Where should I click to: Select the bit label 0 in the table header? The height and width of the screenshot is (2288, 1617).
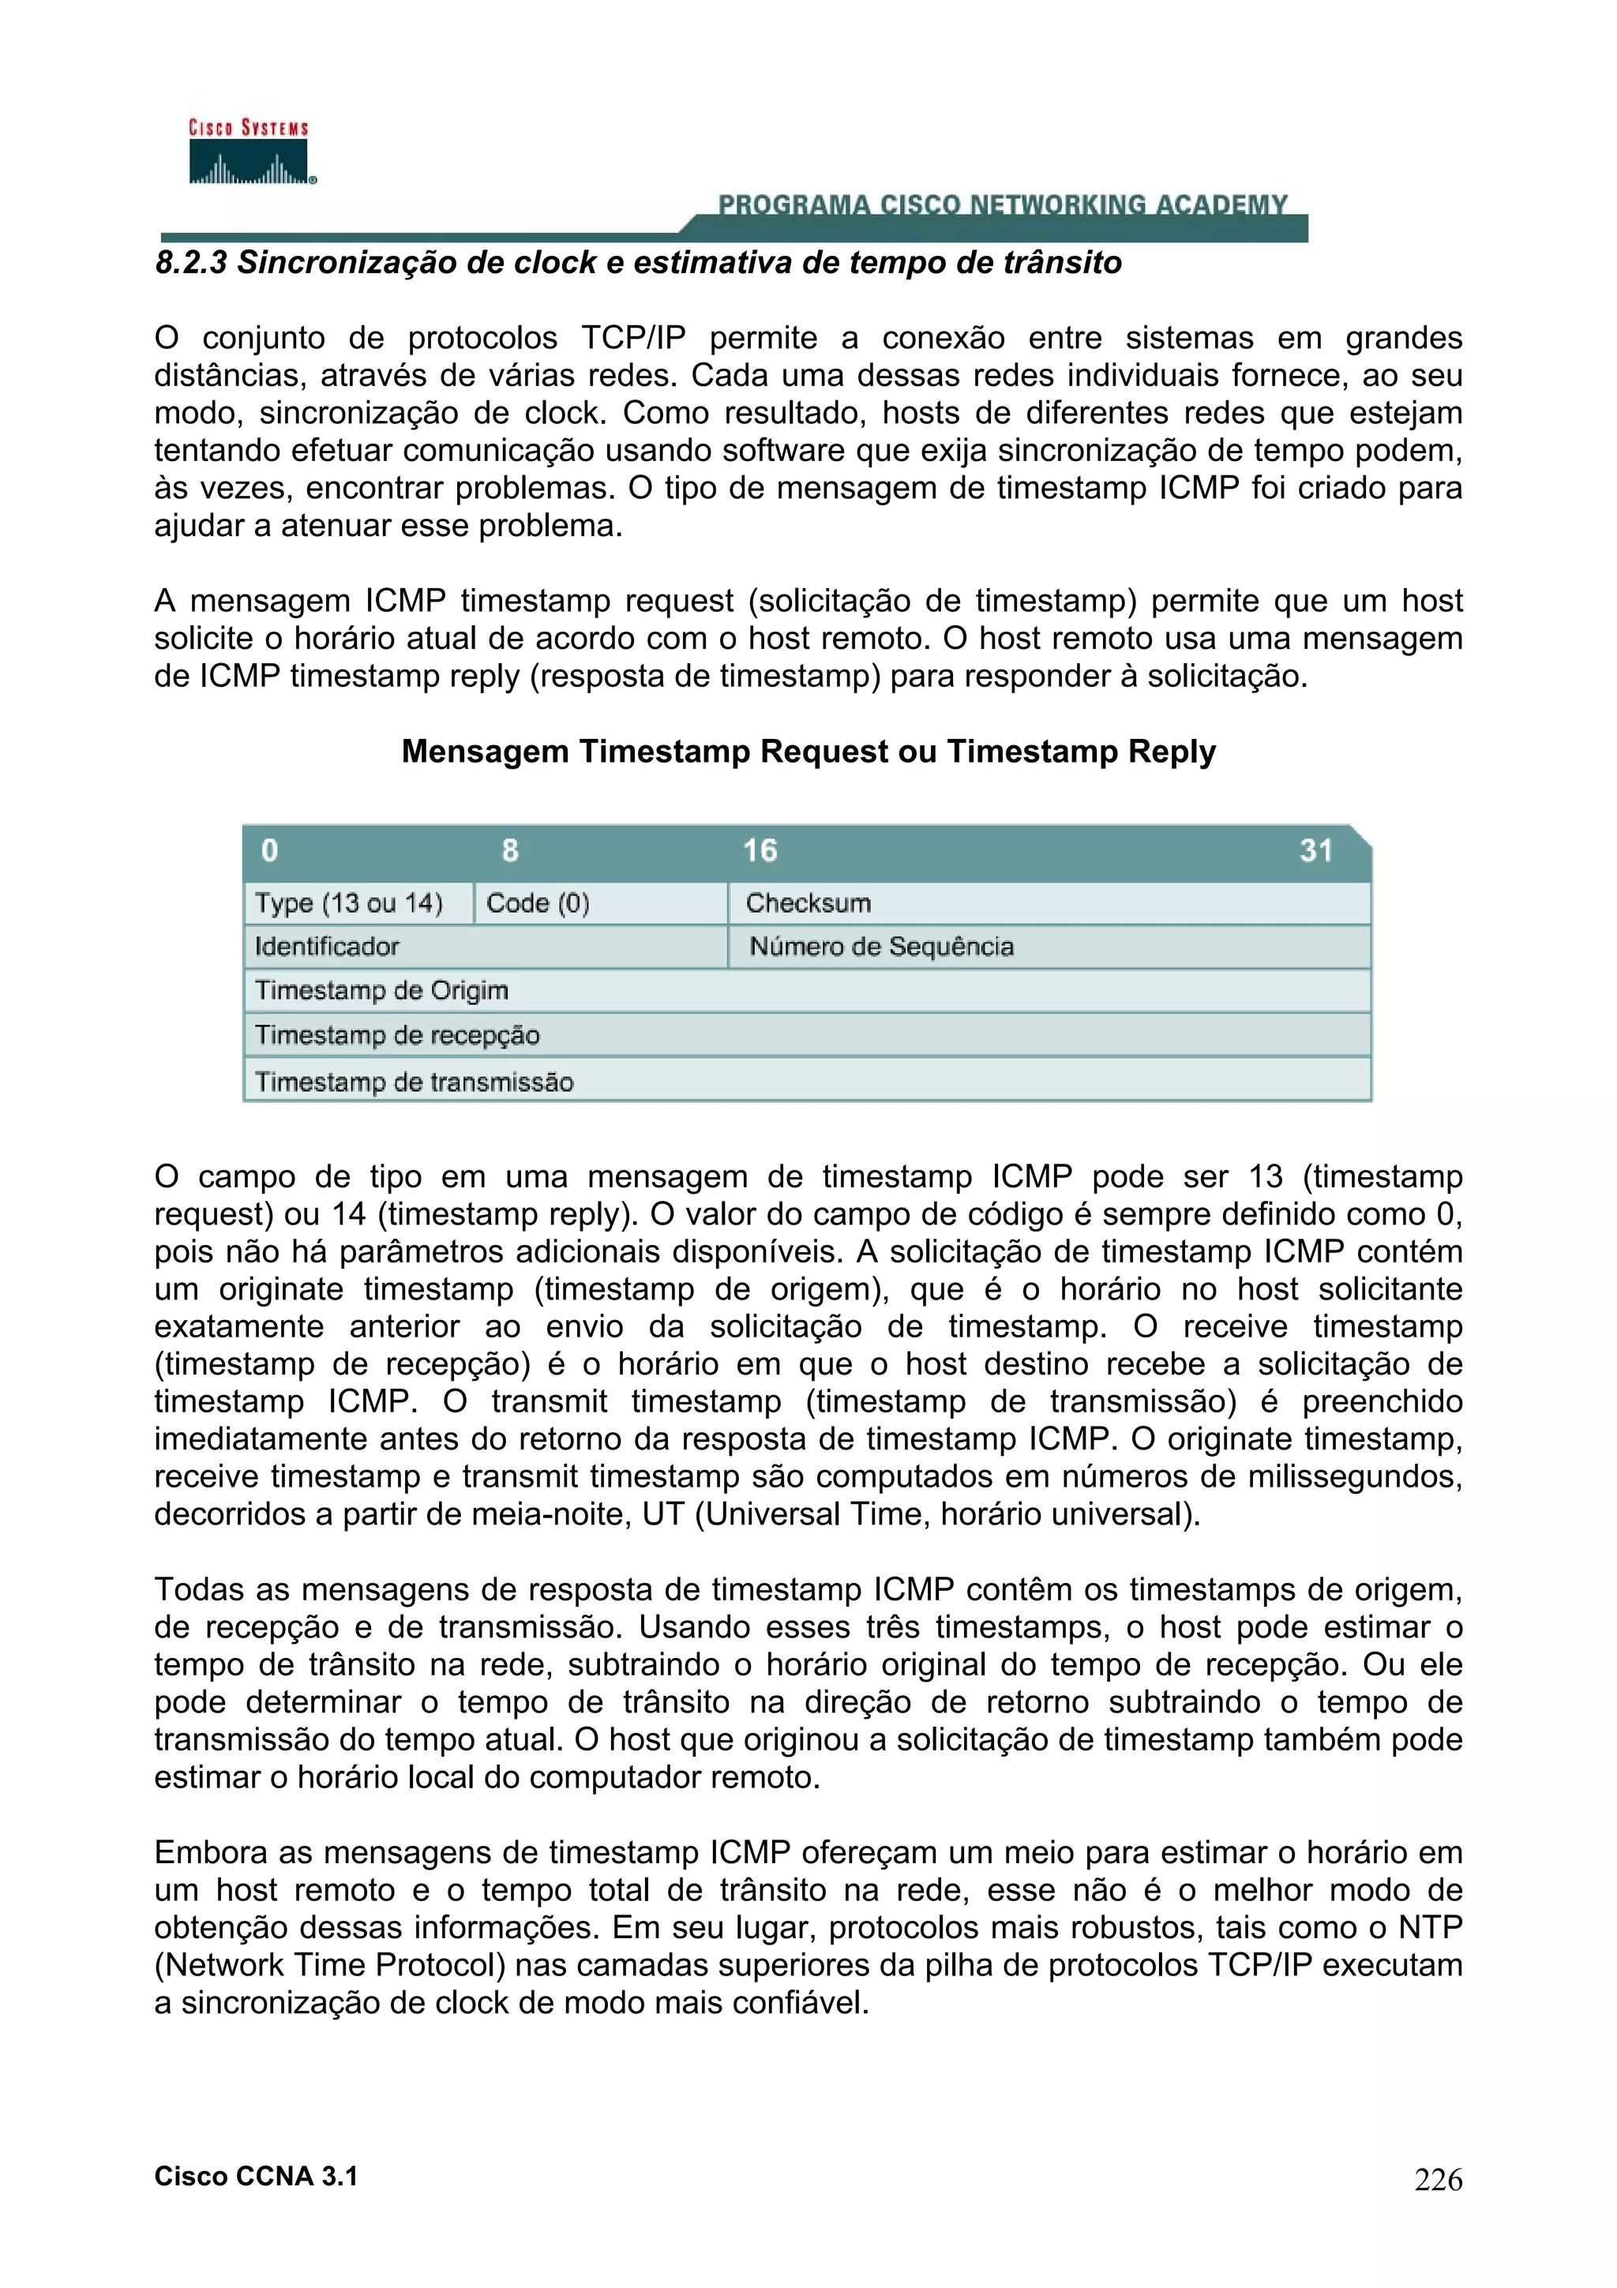point(269,850)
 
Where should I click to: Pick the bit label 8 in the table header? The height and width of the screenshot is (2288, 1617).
point(510,850)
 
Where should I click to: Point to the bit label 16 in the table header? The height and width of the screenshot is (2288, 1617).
point(760,850)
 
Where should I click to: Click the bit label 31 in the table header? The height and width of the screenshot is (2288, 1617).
point(1315,850)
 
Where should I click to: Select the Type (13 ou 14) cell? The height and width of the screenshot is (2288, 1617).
point(349,903)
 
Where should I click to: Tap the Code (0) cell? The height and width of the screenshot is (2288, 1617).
point(538,903)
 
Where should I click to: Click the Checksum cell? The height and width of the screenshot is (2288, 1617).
point(808,903)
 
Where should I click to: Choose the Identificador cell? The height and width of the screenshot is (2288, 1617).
point(327,947)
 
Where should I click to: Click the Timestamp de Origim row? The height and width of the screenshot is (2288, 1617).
point(381,991)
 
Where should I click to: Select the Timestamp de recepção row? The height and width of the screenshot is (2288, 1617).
point(396,1035)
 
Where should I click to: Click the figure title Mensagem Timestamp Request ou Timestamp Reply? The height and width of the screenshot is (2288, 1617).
point(808,752)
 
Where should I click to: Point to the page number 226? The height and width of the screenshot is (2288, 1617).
point(1438,2181)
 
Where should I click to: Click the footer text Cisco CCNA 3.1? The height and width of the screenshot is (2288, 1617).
point(256,2177)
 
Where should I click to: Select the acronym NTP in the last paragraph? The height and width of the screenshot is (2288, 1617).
point(1430,1927)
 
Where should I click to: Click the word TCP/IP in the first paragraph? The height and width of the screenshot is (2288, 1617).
point(634,338)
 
